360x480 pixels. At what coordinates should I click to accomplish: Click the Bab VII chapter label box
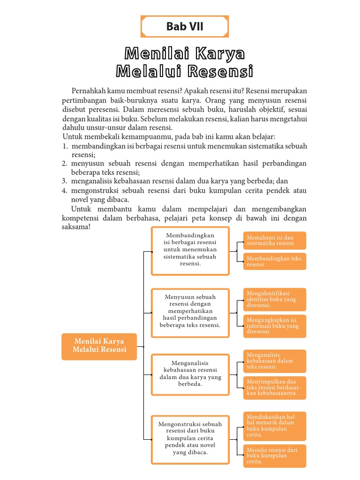(x=185, y=27)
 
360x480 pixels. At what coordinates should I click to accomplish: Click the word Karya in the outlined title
(x=219, y=53)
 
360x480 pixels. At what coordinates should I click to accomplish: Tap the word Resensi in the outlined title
(x=220, y=72)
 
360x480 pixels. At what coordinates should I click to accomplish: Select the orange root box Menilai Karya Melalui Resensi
(x=99, y=346)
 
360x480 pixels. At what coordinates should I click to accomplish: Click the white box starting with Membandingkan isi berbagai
(x=190, y=251)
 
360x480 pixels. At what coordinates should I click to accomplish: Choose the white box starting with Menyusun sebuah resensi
(x=190, y=313)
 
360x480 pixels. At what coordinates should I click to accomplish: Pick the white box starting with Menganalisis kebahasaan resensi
(x=190, y=374)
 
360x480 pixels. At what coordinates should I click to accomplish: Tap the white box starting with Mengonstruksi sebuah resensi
(x=190, y=439)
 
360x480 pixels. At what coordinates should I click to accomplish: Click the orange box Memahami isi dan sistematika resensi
(x=274, y=240)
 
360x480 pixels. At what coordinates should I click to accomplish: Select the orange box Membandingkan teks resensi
(x=274, y=261)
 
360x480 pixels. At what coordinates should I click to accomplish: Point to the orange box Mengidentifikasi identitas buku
(x=274, y=300)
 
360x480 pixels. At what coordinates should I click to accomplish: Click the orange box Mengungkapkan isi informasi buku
(x=274, y=326)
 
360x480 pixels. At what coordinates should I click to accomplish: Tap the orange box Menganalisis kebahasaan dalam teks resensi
(x=274, y=361)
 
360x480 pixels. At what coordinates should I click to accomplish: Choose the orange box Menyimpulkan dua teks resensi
(x=274, y=388)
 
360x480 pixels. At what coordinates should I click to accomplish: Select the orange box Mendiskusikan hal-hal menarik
(x=274, y=426)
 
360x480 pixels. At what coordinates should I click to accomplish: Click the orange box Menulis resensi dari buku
(x=274, y=456)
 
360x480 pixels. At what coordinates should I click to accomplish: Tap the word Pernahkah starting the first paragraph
(x=87, y=90)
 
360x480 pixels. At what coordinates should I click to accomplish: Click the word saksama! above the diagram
(x=75, y=227)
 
